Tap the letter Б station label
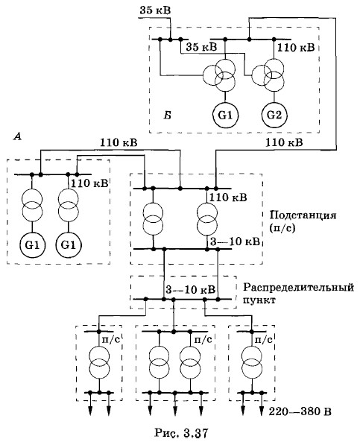[x=168, y=116]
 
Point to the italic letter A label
[x=18, y=137]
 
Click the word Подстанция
[x=303, y=215]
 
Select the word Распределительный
[x=298, y=288]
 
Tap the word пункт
[x=259, y=300]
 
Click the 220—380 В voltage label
[x=300, y=412]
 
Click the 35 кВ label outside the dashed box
[x=155, y=10]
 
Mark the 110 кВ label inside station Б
[x=296, y=48]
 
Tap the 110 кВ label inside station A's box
[x=89, y=183]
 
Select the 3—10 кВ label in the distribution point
[x=191, y=289]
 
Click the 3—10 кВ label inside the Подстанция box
[x=235, y=241]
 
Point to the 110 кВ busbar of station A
[x=53, y=174]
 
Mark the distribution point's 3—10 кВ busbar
[x=183, y=299]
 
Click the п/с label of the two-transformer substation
[x=203, y=340]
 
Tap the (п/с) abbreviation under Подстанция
[x=282, y=228]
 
